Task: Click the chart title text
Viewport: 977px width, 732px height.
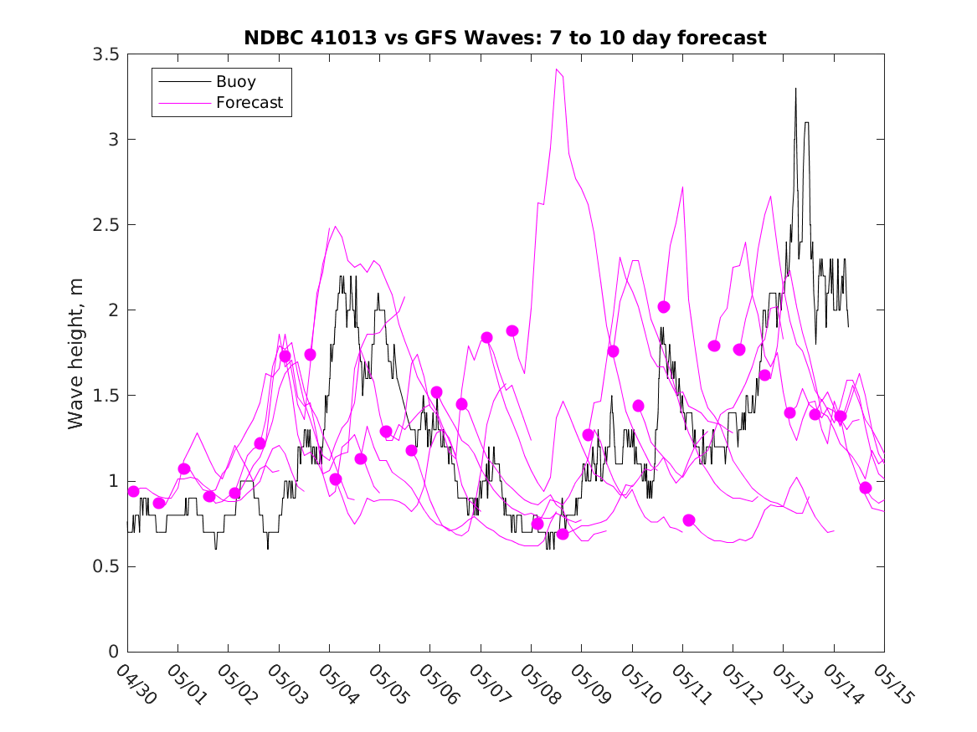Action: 505,38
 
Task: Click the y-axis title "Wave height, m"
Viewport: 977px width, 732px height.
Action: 76,352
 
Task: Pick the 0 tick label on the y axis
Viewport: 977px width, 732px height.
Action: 113,652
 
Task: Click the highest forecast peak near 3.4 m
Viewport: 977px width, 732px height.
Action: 557,69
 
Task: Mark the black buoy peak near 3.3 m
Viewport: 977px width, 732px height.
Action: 795,89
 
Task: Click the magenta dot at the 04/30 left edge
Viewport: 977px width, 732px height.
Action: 132,491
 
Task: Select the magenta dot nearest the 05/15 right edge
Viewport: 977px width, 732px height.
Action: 866,488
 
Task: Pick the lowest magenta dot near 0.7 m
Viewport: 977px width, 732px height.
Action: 563,534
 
